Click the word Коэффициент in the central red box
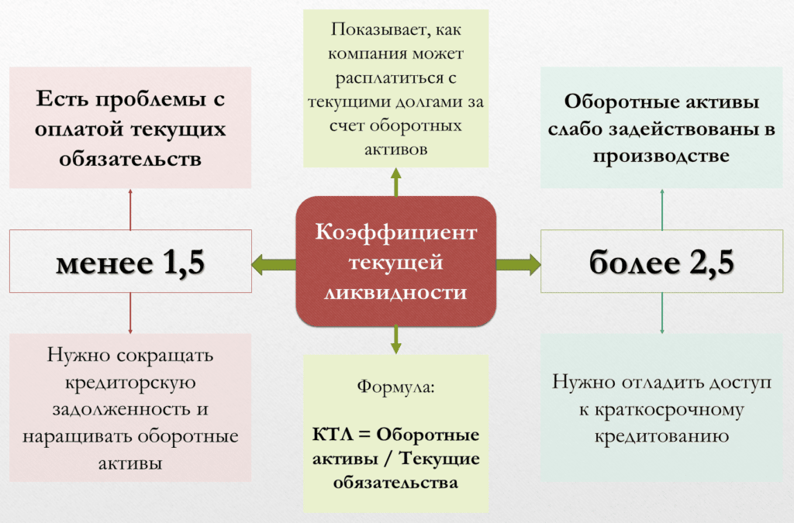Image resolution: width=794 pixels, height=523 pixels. click(395, 232)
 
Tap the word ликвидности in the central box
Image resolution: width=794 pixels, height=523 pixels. click(395, 292)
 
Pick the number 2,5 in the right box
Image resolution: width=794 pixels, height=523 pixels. click(704, 263)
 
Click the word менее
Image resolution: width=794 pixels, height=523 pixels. click(104, 263)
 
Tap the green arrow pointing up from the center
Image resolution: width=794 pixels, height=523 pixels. click(396, 182)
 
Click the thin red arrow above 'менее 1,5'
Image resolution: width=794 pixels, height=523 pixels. click(130, 208)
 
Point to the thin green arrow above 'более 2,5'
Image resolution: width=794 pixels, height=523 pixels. click(661, 208)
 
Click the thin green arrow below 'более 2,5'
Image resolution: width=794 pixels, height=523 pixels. click(661, 313)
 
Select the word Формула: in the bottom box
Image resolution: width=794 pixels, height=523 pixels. click(395, 386)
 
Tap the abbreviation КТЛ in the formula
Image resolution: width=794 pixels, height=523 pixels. click(329, 432)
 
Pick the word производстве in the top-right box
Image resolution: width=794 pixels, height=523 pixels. click(661, 155)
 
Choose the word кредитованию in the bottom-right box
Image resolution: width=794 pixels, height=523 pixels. click(661, 435)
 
